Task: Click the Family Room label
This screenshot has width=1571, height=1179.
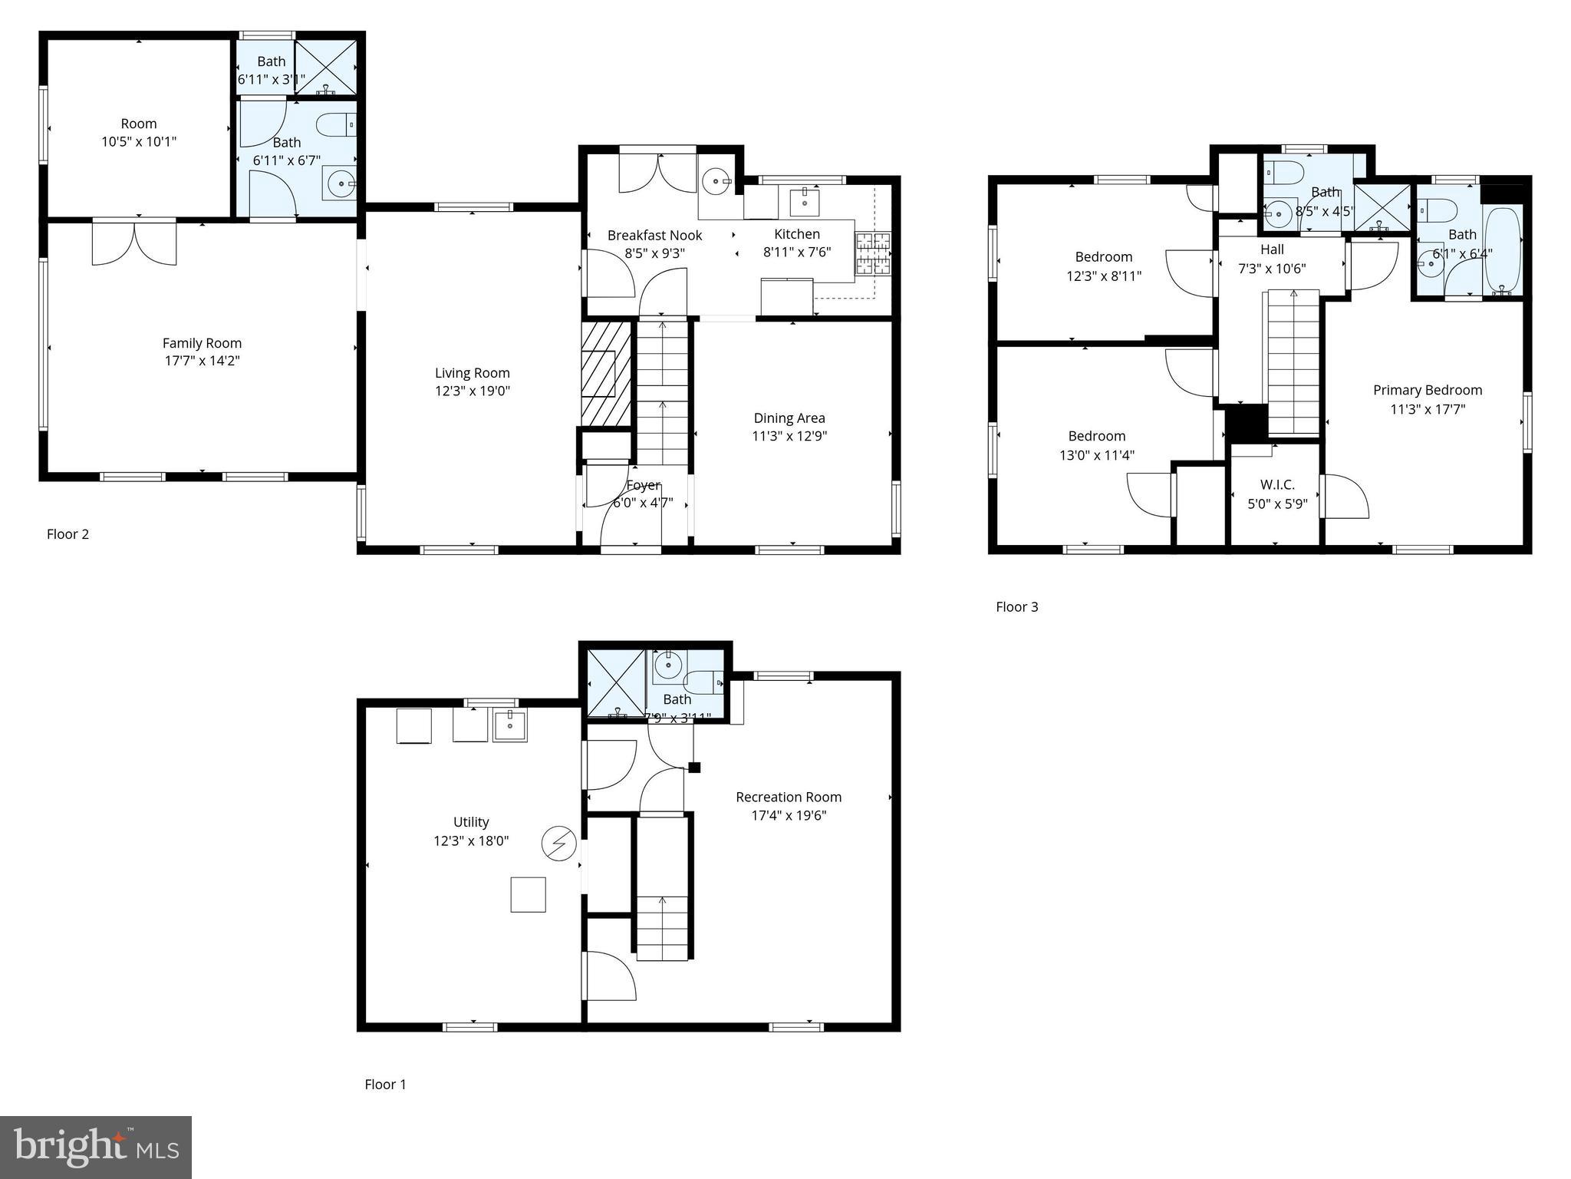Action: pyautogui.click(x=202, y=343)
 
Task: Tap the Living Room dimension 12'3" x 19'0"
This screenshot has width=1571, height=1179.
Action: pyautogui.click(x=472, y=391)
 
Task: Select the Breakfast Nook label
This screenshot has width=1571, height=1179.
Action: pyautogui.click(x=654, y=235)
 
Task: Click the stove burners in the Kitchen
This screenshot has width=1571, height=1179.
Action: pyautogui.click(x=873, y=253)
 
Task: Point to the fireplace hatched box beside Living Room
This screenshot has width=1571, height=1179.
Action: pyautogui.click(x=606, y=373)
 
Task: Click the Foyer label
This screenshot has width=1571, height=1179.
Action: pyautogui.click(x=643, y=485)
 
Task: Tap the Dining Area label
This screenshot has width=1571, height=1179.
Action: pyautogui.click(x=789, y=418)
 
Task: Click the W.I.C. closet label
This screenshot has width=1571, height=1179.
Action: pyautogui.click(x=1277, y=484)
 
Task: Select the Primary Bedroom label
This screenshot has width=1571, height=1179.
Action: pyautogui.click(x=1428, y=390)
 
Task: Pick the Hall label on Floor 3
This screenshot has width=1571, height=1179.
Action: pyautogui.click(x=1272, y=249)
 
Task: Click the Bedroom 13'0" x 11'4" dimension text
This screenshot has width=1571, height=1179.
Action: pyautogui.click(x=1097, y=455)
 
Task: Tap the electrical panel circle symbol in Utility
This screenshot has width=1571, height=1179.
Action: pyautogui.click(x=558, y=843)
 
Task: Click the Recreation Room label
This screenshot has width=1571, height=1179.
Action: pyautogui.click(x=789, y=797)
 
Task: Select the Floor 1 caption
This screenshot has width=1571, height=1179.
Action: pyautogui.click(x=385, y=1084)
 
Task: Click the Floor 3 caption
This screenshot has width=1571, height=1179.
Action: pyautogui.click(x=1016, y=606)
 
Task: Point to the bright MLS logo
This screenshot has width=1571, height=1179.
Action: pyautogui.click(x=96, y=1147)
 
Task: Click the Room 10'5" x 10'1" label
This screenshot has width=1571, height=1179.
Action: pyautogui.click(x=139, y=124)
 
